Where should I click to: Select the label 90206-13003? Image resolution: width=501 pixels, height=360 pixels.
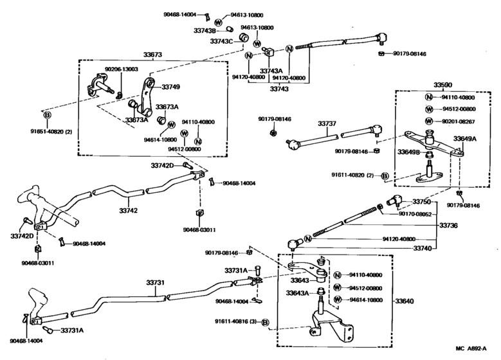click(x=122, y=69)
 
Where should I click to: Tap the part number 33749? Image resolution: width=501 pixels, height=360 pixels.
click(x=170, y=87)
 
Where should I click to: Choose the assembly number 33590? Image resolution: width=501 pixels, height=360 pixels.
click(x=443, y=85)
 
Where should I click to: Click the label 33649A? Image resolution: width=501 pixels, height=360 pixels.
click(x=465, y=138)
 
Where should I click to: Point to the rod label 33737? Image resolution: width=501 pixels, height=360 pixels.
click(x=327, y=123)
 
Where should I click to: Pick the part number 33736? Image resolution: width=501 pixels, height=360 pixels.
click(x=450, y=226)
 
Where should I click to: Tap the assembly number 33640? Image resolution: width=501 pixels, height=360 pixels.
click(x=406, y=301)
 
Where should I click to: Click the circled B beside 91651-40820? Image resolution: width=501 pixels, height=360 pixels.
click(x=47, y=116)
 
